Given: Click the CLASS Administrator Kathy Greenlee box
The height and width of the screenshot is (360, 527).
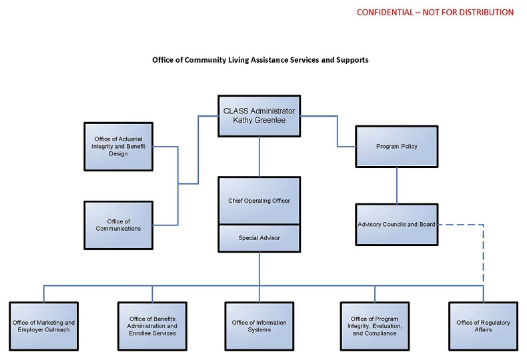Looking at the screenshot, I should point(259,115).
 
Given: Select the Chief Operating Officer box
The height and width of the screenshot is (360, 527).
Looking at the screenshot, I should point(259,200).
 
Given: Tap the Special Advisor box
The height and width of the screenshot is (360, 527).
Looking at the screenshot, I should point(259,237).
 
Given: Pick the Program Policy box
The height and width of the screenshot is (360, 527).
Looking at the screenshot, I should point(397,146).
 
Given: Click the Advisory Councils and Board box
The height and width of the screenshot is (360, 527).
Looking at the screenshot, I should point(397,224).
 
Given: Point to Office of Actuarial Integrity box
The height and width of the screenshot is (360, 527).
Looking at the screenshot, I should point(118,146).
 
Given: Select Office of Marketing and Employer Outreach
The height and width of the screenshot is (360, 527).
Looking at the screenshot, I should point(43,326).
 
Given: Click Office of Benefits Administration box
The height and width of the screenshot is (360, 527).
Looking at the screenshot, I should point(153,326).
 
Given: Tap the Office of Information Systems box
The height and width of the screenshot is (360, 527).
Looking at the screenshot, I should point(259,326).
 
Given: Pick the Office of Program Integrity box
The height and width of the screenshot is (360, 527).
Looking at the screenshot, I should point(374,326).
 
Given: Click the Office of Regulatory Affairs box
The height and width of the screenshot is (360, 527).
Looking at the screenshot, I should point(483,326).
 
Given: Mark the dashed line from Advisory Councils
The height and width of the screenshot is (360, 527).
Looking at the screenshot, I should point(482,253).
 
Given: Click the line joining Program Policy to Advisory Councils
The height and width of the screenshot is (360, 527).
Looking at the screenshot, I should point(397,185).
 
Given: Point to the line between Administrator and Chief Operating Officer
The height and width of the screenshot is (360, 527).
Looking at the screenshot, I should point(259,157).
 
